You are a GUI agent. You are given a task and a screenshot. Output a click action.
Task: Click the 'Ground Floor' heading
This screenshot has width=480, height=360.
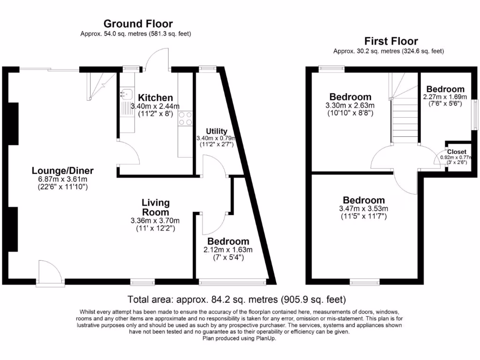(x=138, y=23)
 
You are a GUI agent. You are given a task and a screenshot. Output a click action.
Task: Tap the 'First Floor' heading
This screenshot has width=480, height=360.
(x=391, y=41)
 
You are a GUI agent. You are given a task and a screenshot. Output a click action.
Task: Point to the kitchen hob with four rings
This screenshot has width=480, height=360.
(x=185, y=118)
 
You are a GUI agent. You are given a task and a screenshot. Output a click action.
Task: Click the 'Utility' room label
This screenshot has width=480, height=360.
(x=216, y=131)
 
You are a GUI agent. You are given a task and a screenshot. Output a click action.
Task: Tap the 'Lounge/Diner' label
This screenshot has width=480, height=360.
(x=63, y=170)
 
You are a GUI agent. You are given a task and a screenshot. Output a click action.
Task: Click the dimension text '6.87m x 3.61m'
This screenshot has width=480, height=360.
(x=63, y=179)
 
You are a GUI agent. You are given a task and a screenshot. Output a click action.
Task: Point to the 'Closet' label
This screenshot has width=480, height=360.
(x=456, y=152)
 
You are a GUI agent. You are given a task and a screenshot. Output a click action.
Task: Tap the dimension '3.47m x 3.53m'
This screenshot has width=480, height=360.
(x=363, y=209)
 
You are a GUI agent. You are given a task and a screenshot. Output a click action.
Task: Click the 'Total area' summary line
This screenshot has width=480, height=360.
(x=237, y=299)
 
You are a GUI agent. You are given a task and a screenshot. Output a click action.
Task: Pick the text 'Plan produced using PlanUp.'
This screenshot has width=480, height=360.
(x=239, y=338)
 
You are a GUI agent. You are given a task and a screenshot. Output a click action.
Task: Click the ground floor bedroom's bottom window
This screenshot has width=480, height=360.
(x=232, y=282)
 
